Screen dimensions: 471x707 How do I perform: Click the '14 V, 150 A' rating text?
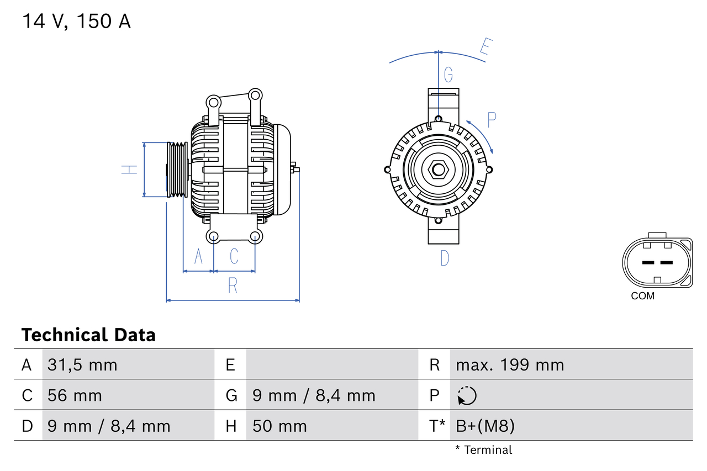coord(76,22)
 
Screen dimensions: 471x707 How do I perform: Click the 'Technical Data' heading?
coord(88,335)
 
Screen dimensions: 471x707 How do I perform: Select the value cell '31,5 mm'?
coord(82,365)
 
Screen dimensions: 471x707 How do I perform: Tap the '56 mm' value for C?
coord(75,395)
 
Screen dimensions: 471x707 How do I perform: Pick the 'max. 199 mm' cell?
coord(510,365)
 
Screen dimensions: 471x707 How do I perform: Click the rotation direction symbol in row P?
coord(467,395)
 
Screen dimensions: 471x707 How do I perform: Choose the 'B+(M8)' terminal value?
coord(485,426)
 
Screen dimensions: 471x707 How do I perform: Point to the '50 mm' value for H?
coord(279,426)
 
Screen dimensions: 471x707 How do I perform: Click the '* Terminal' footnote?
coord(484,450)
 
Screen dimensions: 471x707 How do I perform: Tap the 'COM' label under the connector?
coord(642,296)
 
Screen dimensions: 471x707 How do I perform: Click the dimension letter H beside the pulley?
coord(129,170)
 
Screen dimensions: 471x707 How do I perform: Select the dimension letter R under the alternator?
coord(233,285)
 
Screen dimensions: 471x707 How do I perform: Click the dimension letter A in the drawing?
coord(198,256)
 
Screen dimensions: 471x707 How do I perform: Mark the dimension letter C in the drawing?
coord(234,256)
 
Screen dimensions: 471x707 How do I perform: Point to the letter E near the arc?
coord(486,47)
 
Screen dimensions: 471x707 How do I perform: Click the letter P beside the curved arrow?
coord(492,119)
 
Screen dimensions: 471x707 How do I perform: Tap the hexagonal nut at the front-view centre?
coord(438,170)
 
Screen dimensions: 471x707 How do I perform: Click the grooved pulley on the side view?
coord(177,170)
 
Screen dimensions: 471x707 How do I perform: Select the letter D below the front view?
coord(445,258)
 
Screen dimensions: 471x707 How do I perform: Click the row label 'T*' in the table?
coord(437,426)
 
